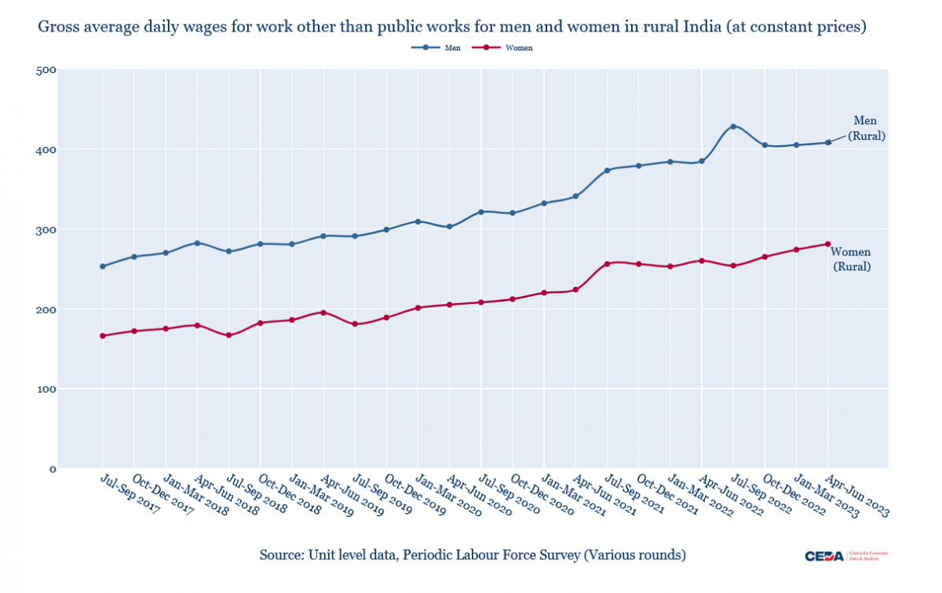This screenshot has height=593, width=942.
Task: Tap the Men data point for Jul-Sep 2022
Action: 733,126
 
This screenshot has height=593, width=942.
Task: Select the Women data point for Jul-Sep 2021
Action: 607,264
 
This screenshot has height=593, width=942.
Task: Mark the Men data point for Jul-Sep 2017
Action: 103,266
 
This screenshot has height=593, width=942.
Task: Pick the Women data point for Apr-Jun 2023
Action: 828,243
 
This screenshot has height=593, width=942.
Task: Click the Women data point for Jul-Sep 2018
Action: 228,335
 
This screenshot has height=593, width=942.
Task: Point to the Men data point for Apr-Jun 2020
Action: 450,227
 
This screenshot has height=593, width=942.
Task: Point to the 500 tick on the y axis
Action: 46,70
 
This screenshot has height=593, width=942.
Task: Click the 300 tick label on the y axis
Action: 46,229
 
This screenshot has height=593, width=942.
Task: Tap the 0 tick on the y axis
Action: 52,469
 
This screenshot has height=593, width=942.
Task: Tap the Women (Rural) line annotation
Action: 851,259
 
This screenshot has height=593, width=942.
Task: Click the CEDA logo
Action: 824,556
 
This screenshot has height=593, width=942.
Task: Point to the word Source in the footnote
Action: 279,555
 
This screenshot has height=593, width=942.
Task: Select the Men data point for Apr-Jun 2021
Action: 575,196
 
